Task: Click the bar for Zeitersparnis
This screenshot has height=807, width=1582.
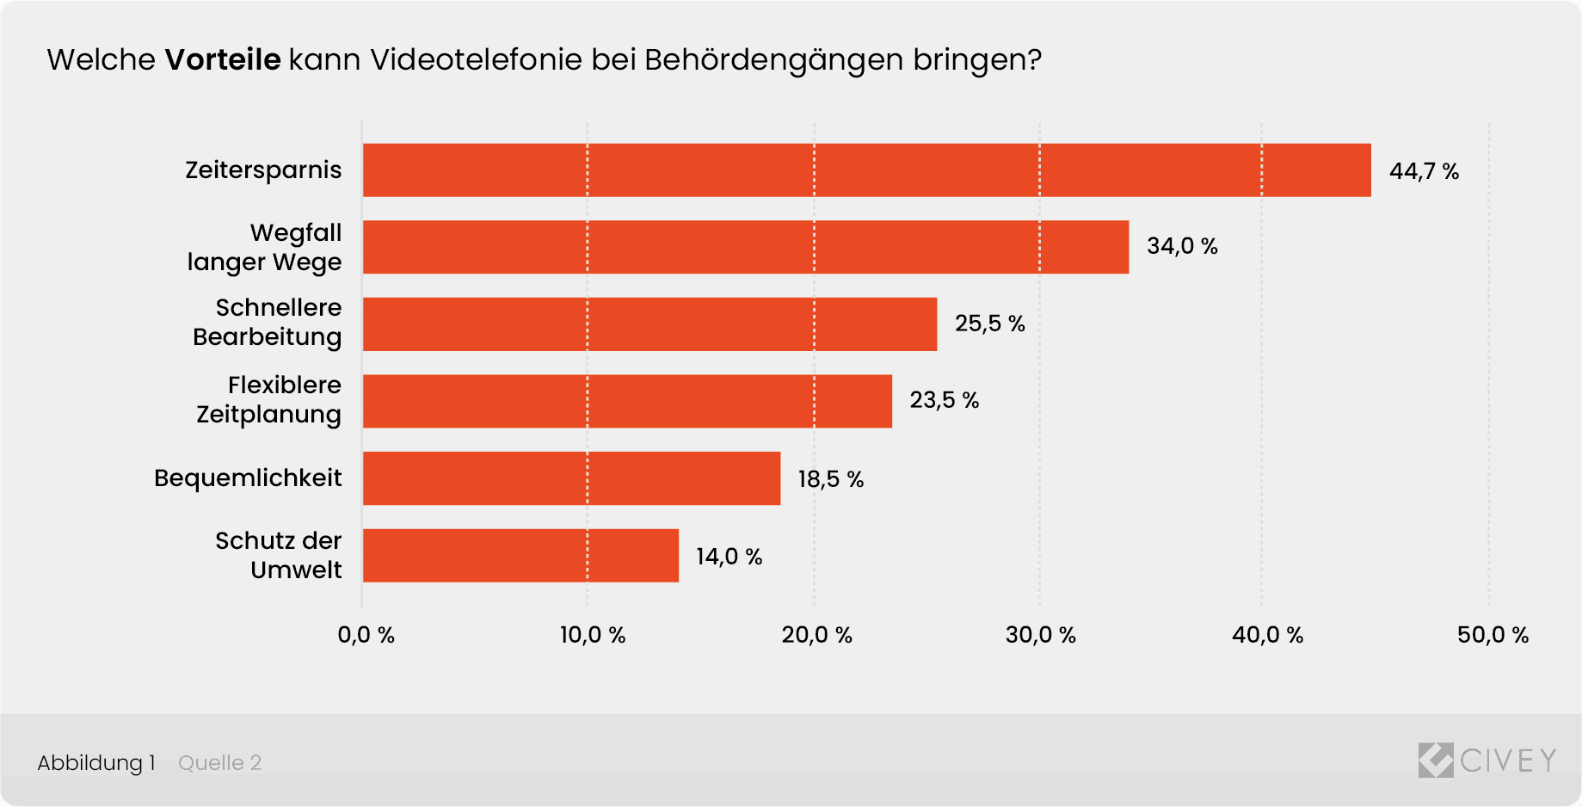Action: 866,170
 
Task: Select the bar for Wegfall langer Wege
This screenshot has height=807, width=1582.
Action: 745,247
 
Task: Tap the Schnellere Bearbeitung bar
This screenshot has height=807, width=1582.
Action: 649,324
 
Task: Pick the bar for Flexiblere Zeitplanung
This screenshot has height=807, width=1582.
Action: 627,401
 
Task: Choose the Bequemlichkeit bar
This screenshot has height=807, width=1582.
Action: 571,478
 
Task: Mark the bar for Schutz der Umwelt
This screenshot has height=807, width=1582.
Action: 520,556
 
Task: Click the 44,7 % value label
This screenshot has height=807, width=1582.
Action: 1424,171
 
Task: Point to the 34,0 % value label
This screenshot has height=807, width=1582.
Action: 1182,246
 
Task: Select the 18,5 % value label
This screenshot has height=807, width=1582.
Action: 830,479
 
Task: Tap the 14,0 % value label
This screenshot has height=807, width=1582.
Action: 729,557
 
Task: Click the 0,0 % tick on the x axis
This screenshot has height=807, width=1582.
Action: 366,635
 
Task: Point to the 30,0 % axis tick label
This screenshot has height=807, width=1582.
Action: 1040,635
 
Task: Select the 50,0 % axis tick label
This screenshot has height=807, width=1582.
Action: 1493,635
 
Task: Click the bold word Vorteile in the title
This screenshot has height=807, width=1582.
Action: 223,59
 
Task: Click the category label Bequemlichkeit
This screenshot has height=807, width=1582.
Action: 248,477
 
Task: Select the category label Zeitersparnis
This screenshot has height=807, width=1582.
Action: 263,169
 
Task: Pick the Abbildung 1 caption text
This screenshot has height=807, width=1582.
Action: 96,762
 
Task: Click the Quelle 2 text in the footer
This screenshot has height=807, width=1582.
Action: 219,762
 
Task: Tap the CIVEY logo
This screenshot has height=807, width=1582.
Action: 1487,761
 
